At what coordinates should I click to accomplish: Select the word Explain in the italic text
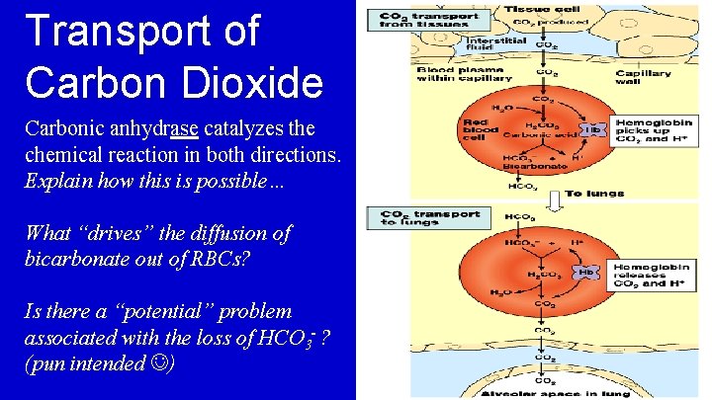click(58, 181)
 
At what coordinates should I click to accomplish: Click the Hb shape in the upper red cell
click(591, 129)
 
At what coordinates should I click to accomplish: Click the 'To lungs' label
click(589, 195)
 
